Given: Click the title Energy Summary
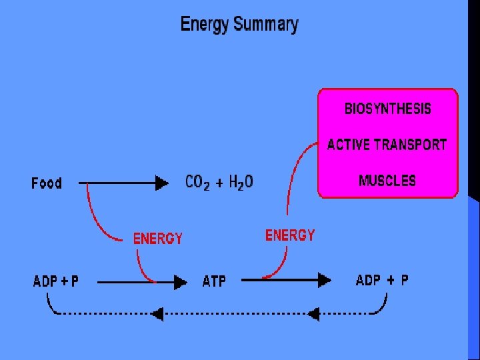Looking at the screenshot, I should [239, 25].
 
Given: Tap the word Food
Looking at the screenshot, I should [47, 183].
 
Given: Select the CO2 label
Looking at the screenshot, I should [197, 182].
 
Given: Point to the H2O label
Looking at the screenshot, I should [241, 182].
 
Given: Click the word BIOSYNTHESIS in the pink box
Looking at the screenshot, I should [387, 109].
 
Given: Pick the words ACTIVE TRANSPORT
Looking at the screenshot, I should [387, 145].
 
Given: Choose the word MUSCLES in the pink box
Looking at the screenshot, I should [387, 181].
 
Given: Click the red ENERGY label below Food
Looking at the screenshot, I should [158, 238].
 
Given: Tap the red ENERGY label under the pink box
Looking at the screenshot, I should [290, 235].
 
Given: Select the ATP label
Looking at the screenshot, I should [214, 282].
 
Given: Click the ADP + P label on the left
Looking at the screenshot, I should [56, 281].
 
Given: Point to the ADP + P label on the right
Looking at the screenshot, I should [382, 281].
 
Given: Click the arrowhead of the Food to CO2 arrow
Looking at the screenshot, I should [162, 182].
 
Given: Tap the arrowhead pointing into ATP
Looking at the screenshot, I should [180, 283].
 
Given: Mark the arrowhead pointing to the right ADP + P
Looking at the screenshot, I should [324, 281].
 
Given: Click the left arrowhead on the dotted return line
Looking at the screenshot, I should [157, 313].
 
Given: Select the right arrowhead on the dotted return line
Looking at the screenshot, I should [313, 313].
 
